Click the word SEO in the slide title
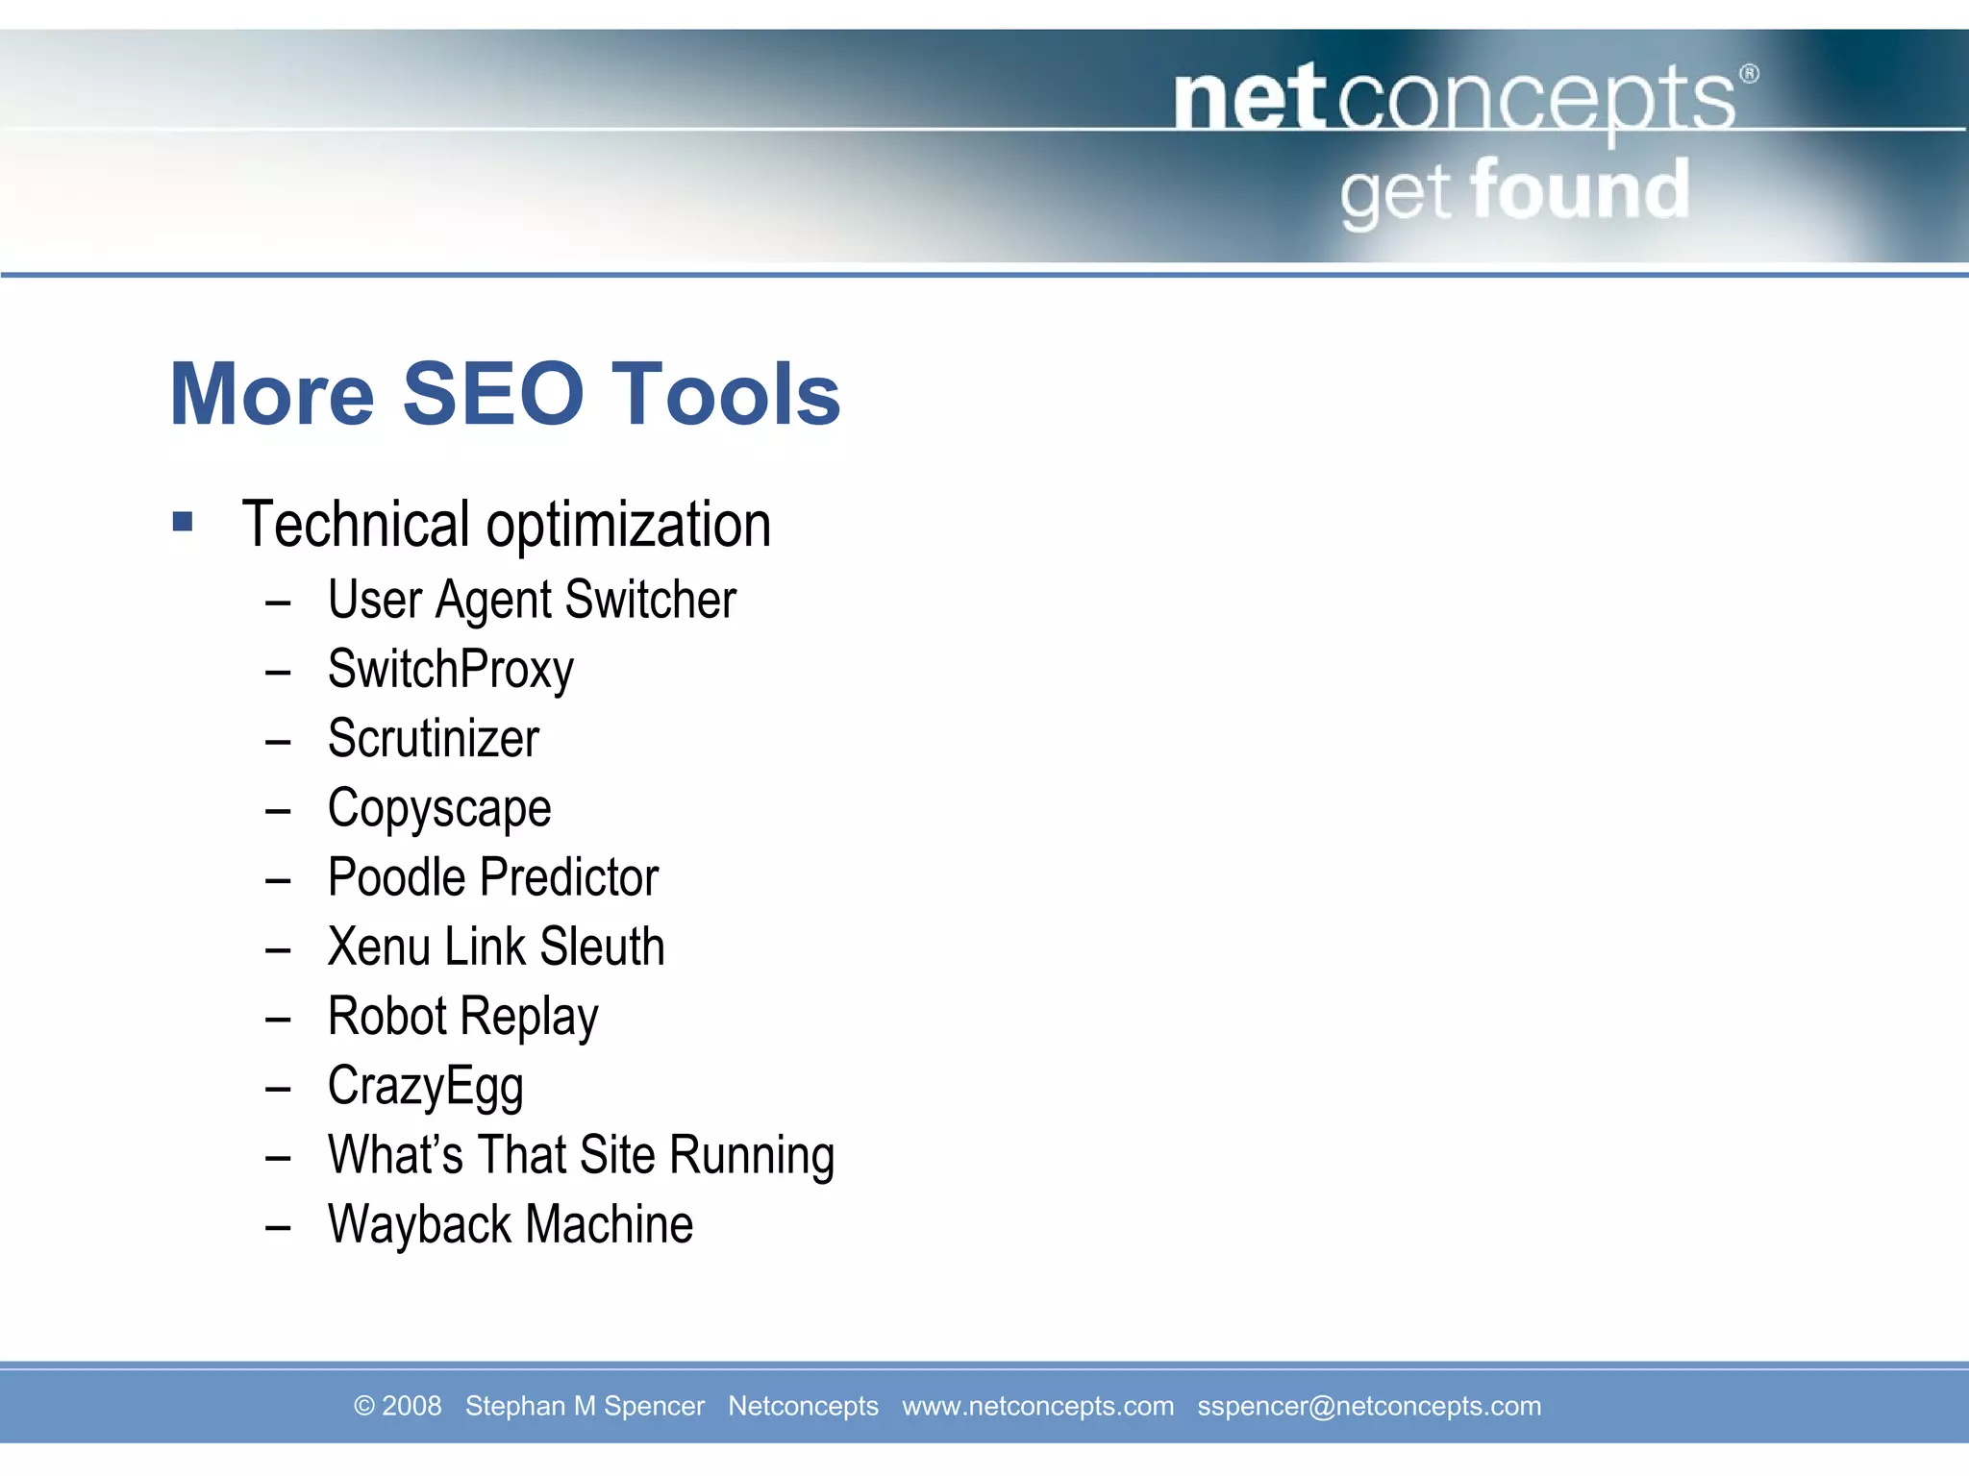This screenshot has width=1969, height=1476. pos(492,394)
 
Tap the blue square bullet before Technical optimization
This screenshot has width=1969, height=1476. pos(183,522)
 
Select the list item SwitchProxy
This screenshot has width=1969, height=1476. pos(450,670)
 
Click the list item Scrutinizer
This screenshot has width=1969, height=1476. pos(433,739)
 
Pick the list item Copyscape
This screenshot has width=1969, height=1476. pos(439,809)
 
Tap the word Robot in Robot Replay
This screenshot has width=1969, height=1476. pos(387,1016)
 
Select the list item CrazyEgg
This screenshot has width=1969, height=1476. pos(425,1087)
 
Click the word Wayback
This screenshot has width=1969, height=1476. pos(419,1225)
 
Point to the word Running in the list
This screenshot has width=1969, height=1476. pos(752,1156)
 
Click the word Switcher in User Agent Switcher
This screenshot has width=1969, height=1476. pos(650,601)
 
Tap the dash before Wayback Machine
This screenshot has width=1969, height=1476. pos(278,1227)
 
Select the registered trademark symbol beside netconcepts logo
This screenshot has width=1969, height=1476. pos(1749,74)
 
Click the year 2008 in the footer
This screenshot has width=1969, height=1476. pos(411,1406)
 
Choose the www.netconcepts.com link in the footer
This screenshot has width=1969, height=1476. pos(1037,1406)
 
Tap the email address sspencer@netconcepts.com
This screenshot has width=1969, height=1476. pos(1368,1406)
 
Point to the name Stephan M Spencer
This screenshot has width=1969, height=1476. pos(585,1406)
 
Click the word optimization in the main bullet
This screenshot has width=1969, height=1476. pos(629,526)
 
